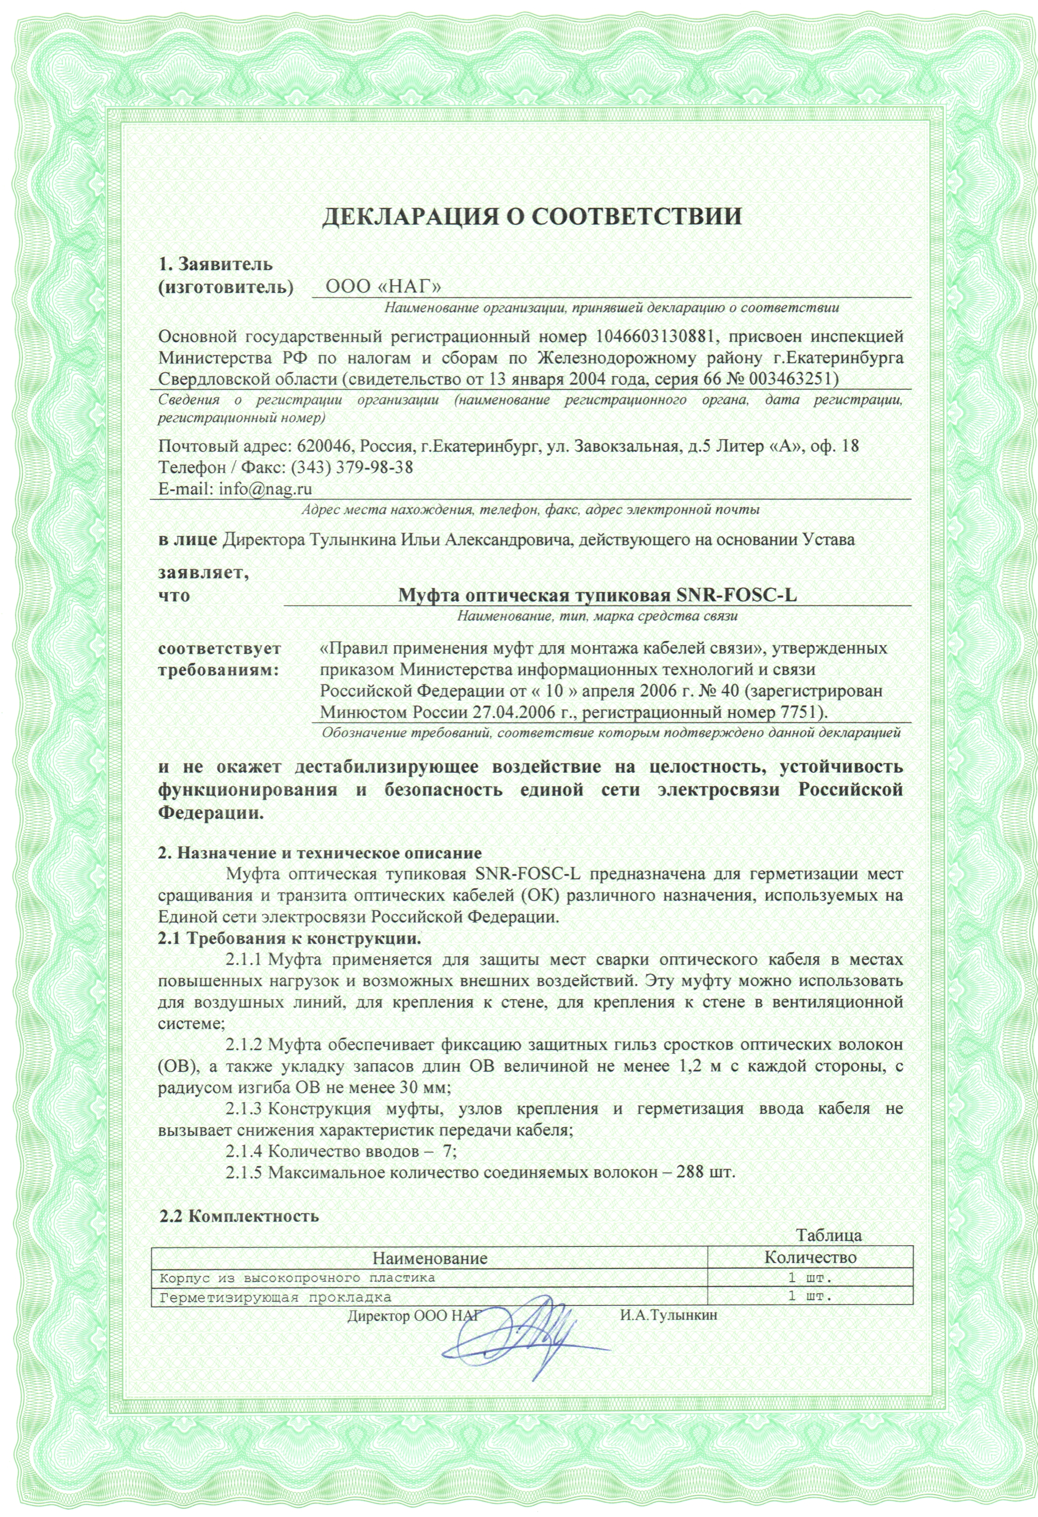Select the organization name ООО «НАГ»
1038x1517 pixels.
[383, 286]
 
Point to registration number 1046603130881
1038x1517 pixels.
[653, 337]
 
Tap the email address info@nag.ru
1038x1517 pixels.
[265, 488]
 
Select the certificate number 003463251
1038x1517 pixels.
[788, 379]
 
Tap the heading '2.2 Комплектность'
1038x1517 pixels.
[239, 1216]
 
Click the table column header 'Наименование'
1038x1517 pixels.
[429, 1257]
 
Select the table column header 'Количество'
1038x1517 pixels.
[810, 1257]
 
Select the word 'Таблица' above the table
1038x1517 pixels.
[829, 1235]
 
